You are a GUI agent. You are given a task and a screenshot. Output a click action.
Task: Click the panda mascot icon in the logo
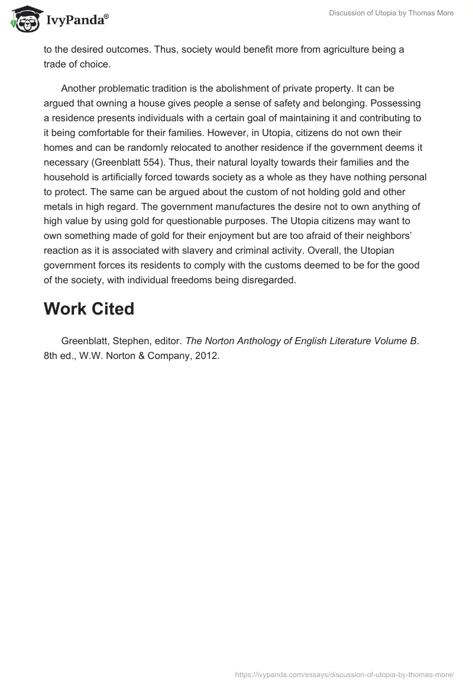coord(24,20)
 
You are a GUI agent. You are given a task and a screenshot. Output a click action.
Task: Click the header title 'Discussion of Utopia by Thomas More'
coord(391,13)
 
